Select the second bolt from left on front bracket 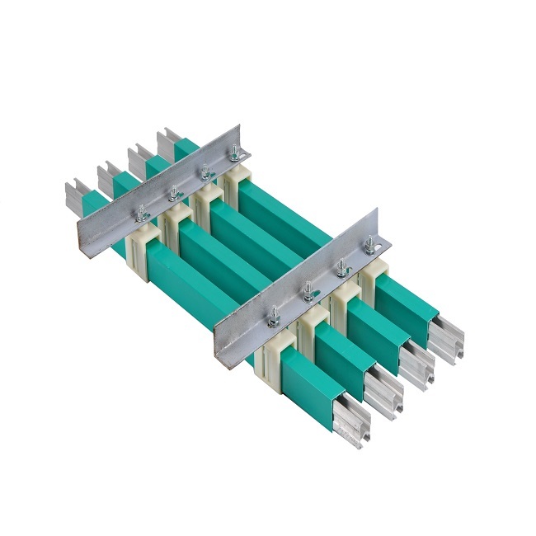307,289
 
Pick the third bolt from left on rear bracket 204,172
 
